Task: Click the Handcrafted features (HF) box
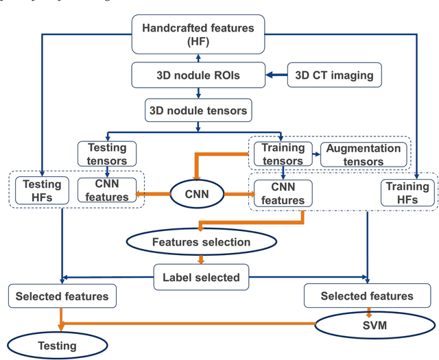pos(198,35)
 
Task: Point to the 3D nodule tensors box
pos(198,109)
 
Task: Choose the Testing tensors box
pos(106,154)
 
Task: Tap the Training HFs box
pos(407,193)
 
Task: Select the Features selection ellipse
pos(201,242)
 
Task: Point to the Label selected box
pos(201,277)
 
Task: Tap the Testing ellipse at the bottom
pos(58,346)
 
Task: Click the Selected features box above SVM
pos(367,296)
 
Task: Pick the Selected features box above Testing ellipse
pos(62,296)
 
